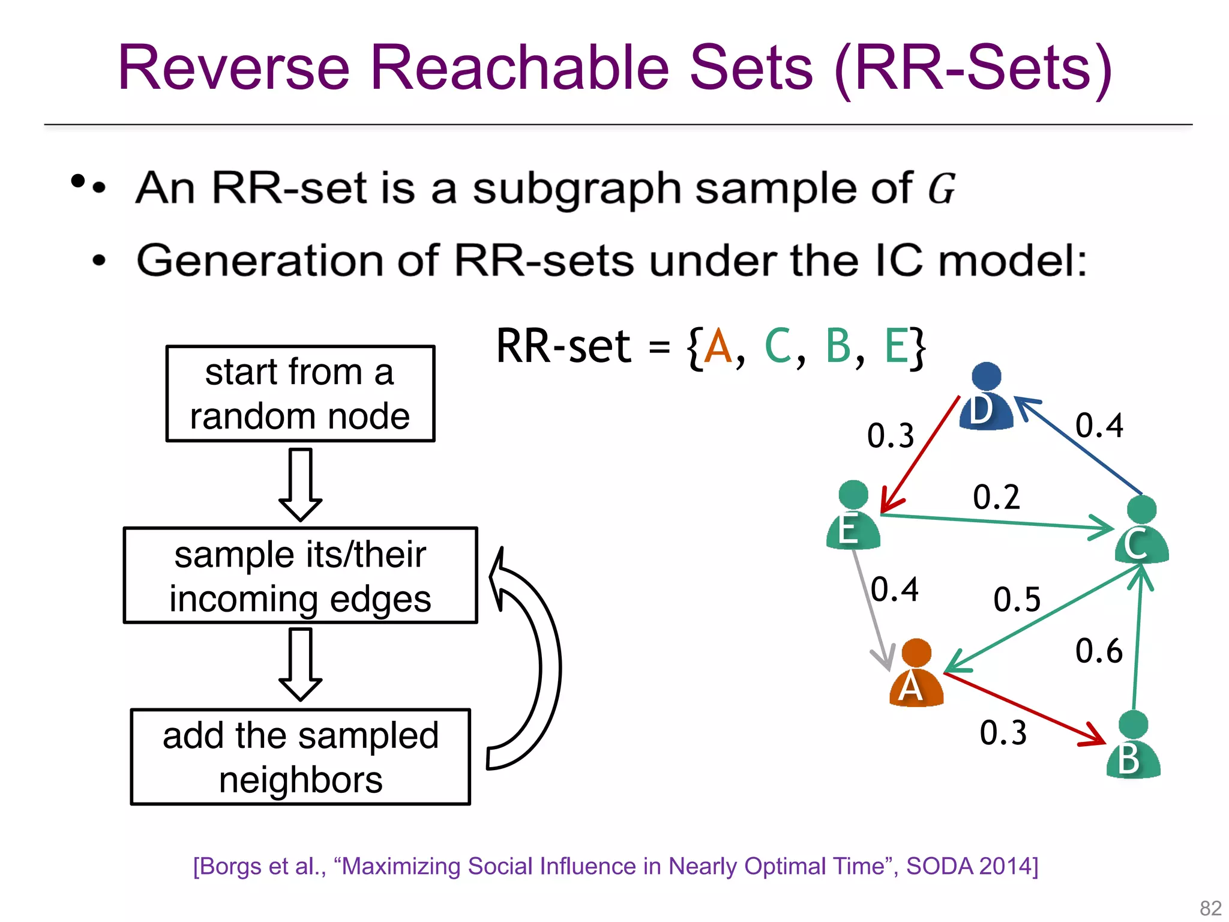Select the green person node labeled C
[x=1141, y=531]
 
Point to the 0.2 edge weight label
[x=996, y=497]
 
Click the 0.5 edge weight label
[x=1017, y=600]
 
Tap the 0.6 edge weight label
[x=1098, y=651]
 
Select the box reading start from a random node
[x=300, y=394]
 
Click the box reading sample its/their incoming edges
[x=300, y=576]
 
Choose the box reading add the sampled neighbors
[x=300, y=757]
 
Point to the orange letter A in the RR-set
[x=718, y=347]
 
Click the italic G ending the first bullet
[x=941, y=188]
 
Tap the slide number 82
[x=1210, y=908]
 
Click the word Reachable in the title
[x=519, y=67]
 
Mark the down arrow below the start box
[x=300, y=484]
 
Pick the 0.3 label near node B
[x=1003, y=733]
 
